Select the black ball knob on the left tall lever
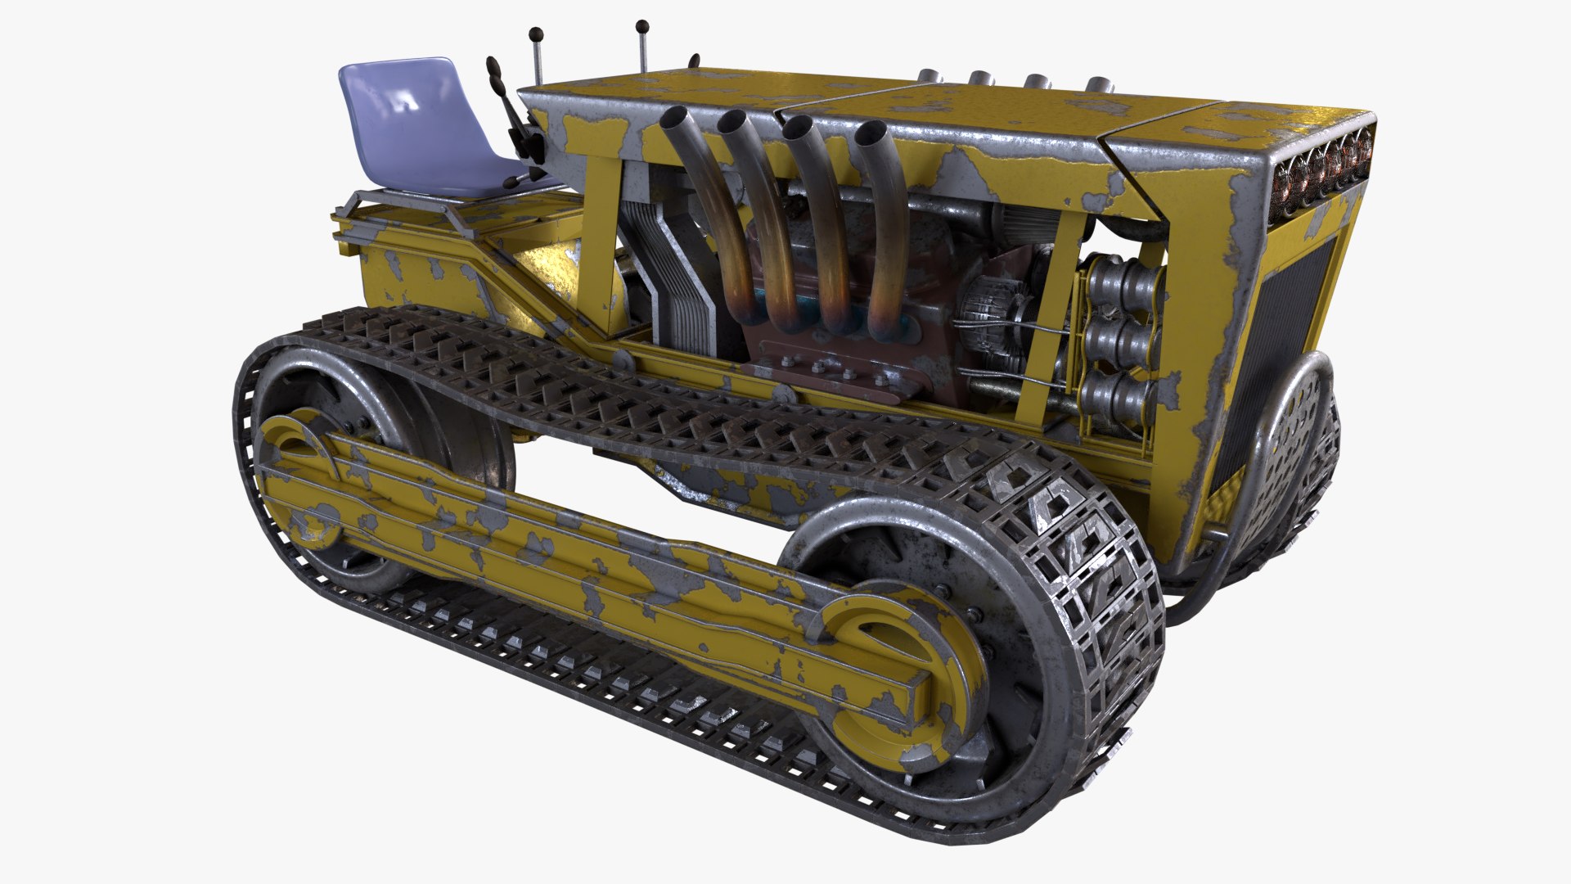pyautogui.click(x=536, y=34)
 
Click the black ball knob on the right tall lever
pyautogui.click(x=641, y=27)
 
